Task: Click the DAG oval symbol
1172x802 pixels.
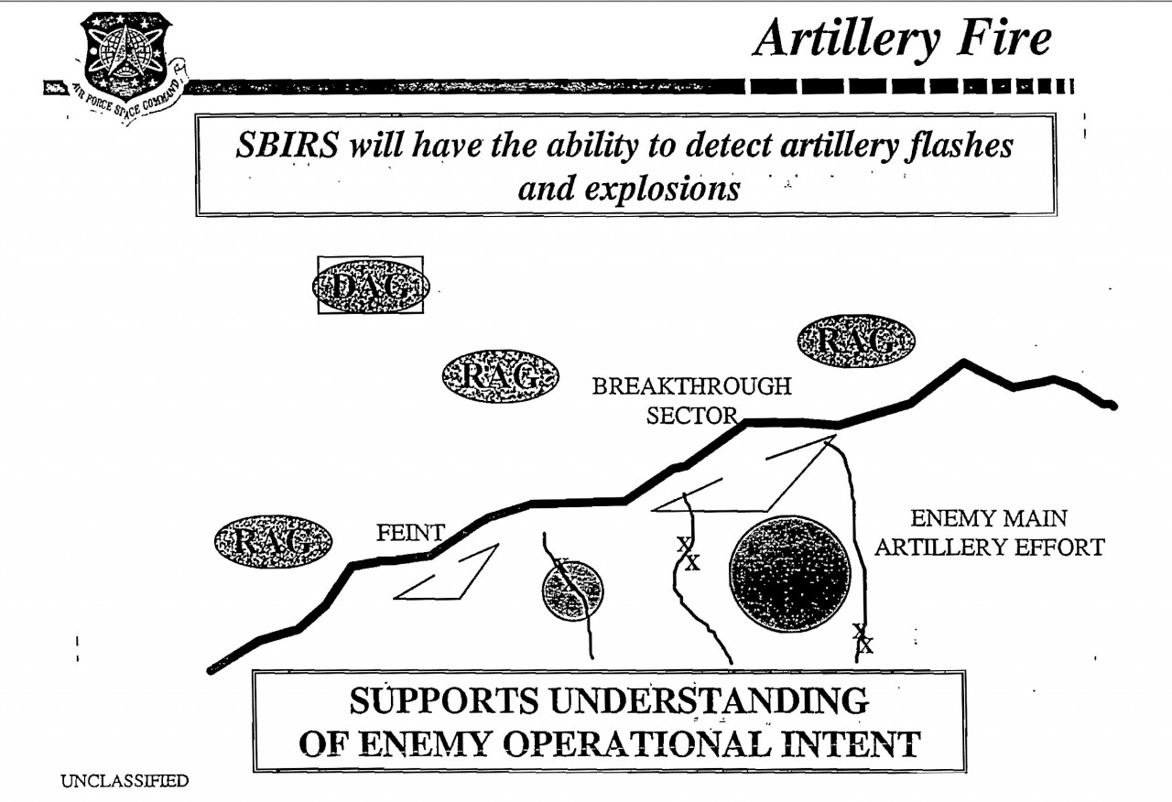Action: (x=371, y=285)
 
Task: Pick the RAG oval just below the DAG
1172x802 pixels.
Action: (x=500, y=375)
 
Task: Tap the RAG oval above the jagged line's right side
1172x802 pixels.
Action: (x=856, y=341)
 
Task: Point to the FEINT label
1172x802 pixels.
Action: (x=410, y=532)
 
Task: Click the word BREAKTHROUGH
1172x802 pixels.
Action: (x=691, y=386)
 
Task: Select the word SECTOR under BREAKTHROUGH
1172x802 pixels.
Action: (x=691, y=416)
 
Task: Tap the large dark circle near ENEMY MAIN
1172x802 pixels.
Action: (x=790, y=573)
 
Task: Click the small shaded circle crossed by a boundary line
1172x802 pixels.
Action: (x=572, y=591)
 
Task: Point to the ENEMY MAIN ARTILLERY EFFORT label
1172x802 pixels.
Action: (x=989, y=533)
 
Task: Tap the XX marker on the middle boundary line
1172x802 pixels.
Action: (x=688, y=554)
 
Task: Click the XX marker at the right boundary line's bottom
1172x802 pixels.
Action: (x=863, y=639)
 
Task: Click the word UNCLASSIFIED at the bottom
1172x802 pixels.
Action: (x=125, y=781)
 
